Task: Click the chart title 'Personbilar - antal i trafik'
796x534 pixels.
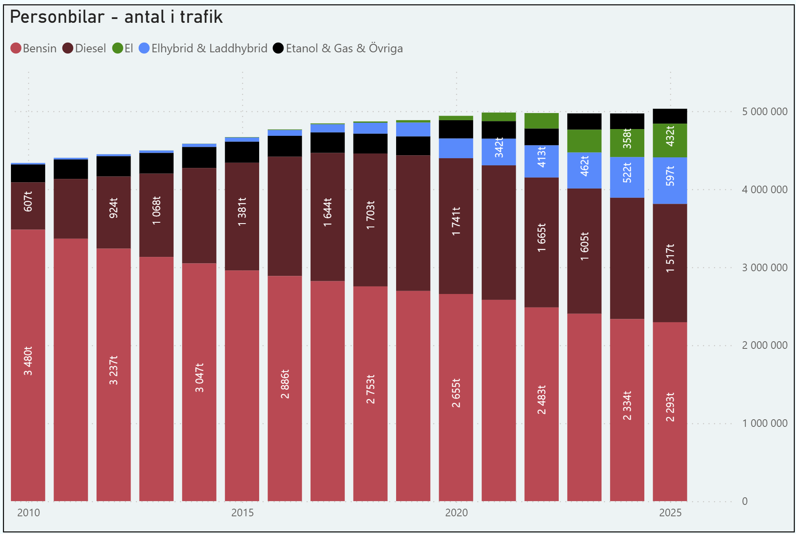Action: coord(116,17)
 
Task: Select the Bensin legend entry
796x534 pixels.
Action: coord(34,49)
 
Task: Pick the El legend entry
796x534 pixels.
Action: coord(123,49)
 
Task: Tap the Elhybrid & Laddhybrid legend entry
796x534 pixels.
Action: coord(203,49)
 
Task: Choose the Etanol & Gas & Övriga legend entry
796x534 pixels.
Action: coord(338,49)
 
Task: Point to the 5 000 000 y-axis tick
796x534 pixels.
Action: coord(764,112)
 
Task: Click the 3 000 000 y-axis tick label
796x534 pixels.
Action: coord(764,268)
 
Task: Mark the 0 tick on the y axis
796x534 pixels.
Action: coord(745,502)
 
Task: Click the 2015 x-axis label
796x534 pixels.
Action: coord(242,513)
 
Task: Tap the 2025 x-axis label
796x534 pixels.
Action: coord(670,513)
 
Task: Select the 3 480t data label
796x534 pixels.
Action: coord(28,361)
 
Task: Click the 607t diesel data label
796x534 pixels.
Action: coord(28,201)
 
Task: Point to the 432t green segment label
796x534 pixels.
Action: coord(670,136)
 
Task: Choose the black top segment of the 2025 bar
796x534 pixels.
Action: coord(670,116)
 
